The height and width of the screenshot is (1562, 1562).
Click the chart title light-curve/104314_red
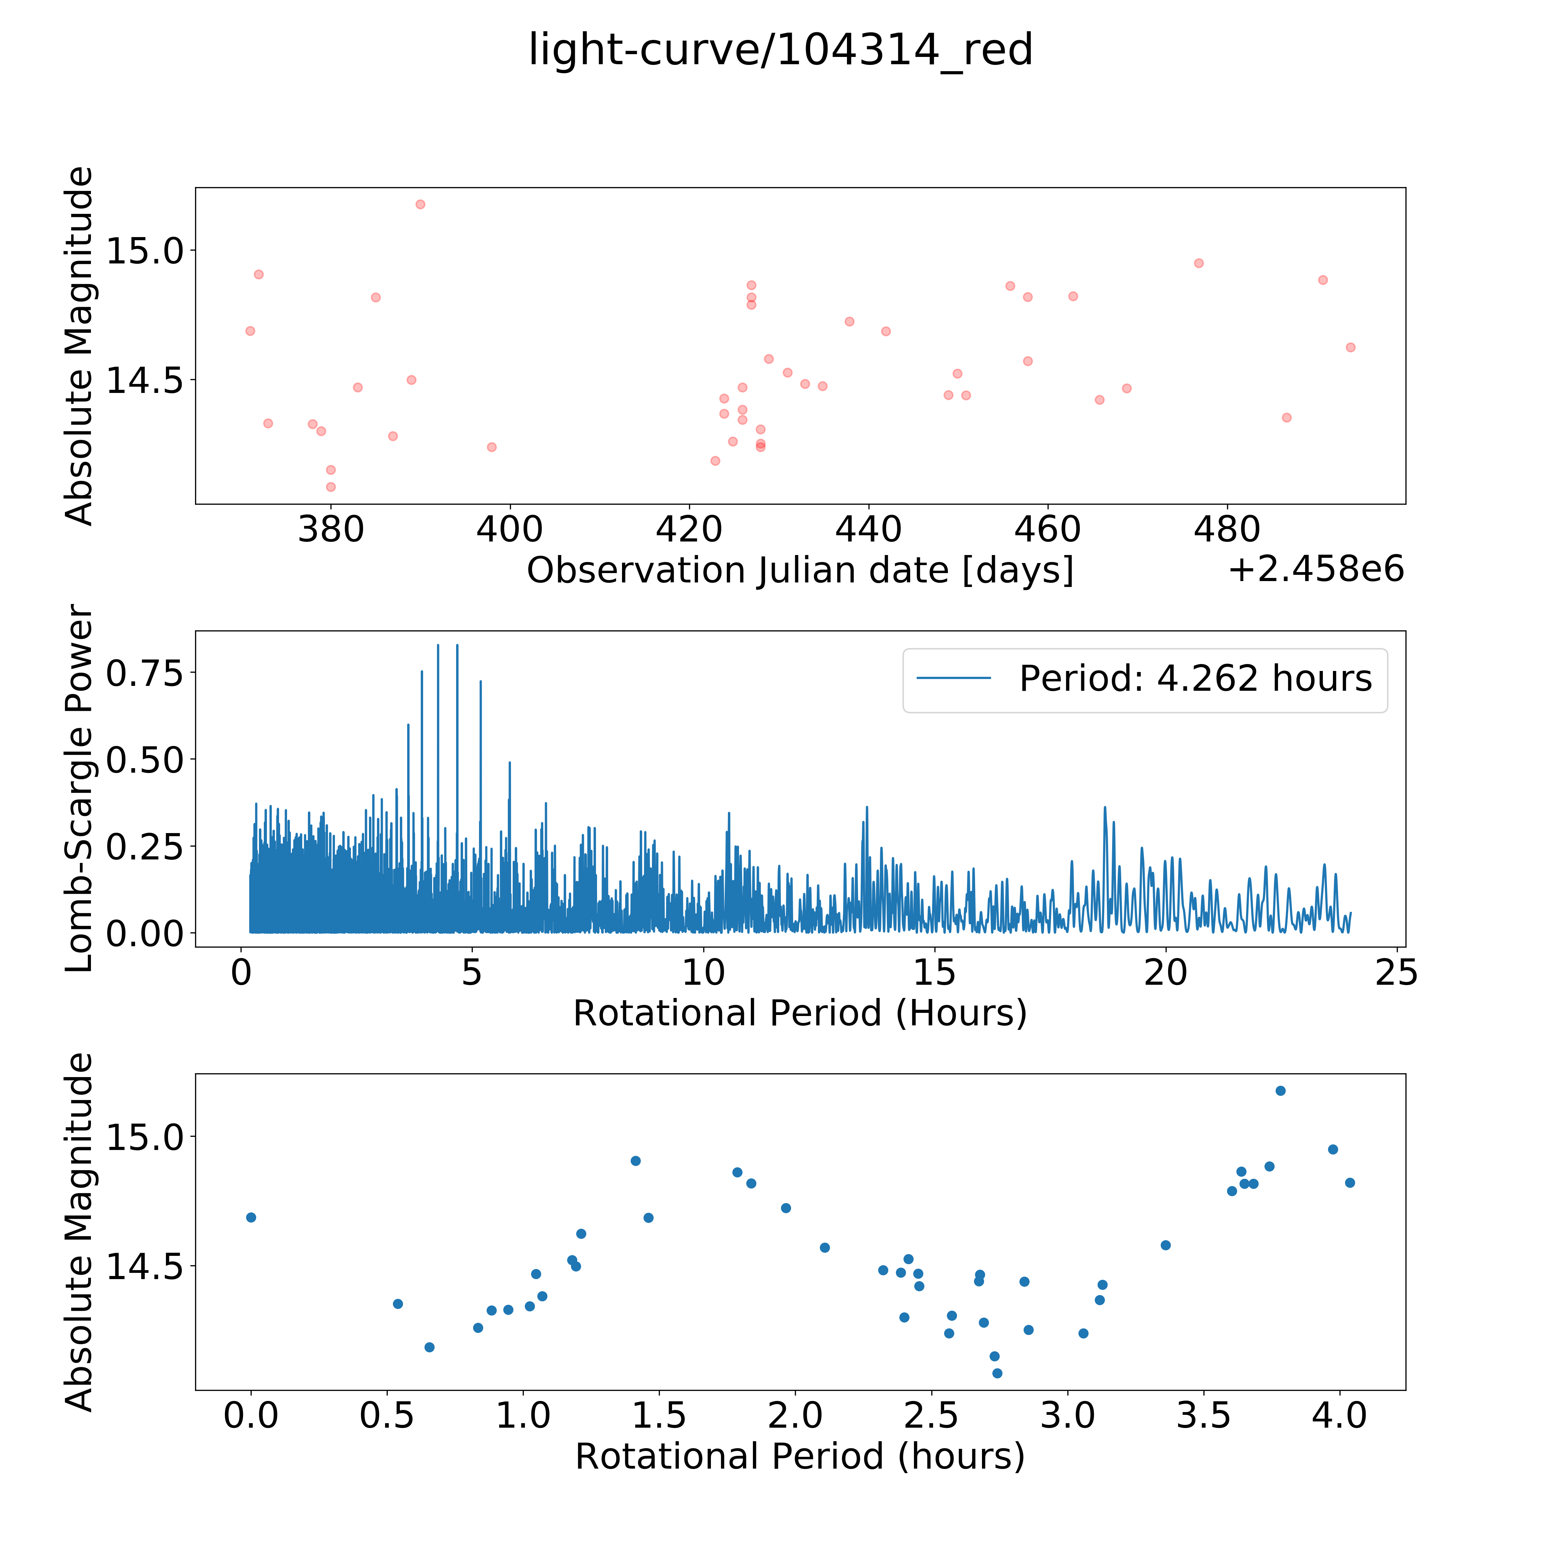[x=781, y=50]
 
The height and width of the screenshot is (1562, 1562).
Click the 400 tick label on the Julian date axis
[x=509, y=530]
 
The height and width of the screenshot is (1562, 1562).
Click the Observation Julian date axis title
[x=800, y=571]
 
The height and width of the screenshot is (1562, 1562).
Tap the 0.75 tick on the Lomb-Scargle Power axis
[x=145, y=672]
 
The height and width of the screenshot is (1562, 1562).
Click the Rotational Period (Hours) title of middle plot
[x=800, y=1013]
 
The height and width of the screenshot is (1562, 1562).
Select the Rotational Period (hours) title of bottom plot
[x=800, y=1456]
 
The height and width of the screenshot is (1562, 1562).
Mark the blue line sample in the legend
[x=954, y=678]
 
